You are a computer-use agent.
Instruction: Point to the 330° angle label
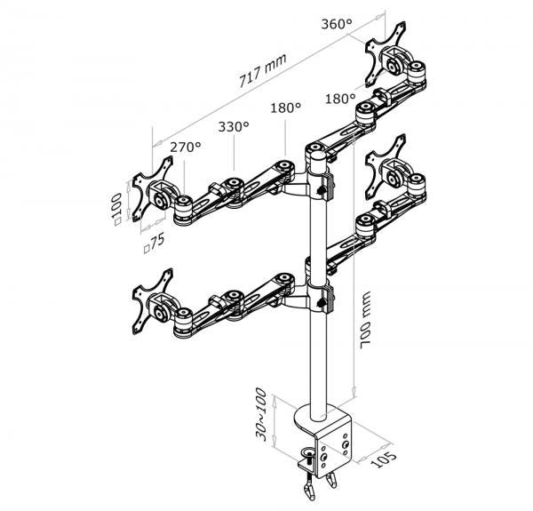click(x=233, y=127)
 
